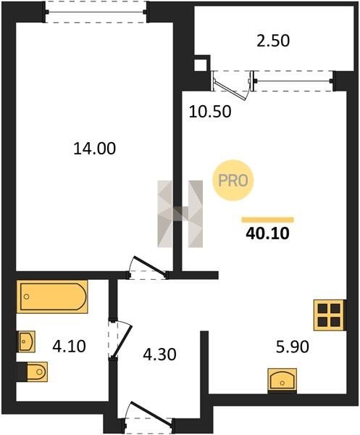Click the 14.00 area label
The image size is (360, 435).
94,149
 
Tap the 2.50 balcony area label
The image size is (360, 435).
273,41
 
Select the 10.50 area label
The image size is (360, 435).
210,112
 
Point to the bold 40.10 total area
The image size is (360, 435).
268,233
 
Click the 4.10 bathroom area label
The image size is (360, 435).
70,347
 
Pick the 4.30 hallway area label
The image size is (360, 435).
159,355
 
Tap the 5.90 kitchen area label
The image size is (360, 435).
293,347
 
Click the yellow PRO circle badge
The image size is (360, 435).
233,181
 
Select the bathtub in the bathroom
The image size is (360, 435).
52,297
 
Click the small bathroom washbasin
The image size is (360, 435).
27,341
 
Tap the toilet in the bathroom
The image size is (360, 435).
33,371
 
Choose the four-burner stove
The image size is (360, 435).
330,315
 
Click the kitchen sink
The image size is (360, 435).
282,380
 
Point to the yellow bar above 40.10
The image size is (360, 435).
268,220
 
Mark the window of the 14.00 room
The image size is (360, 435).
96,12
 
